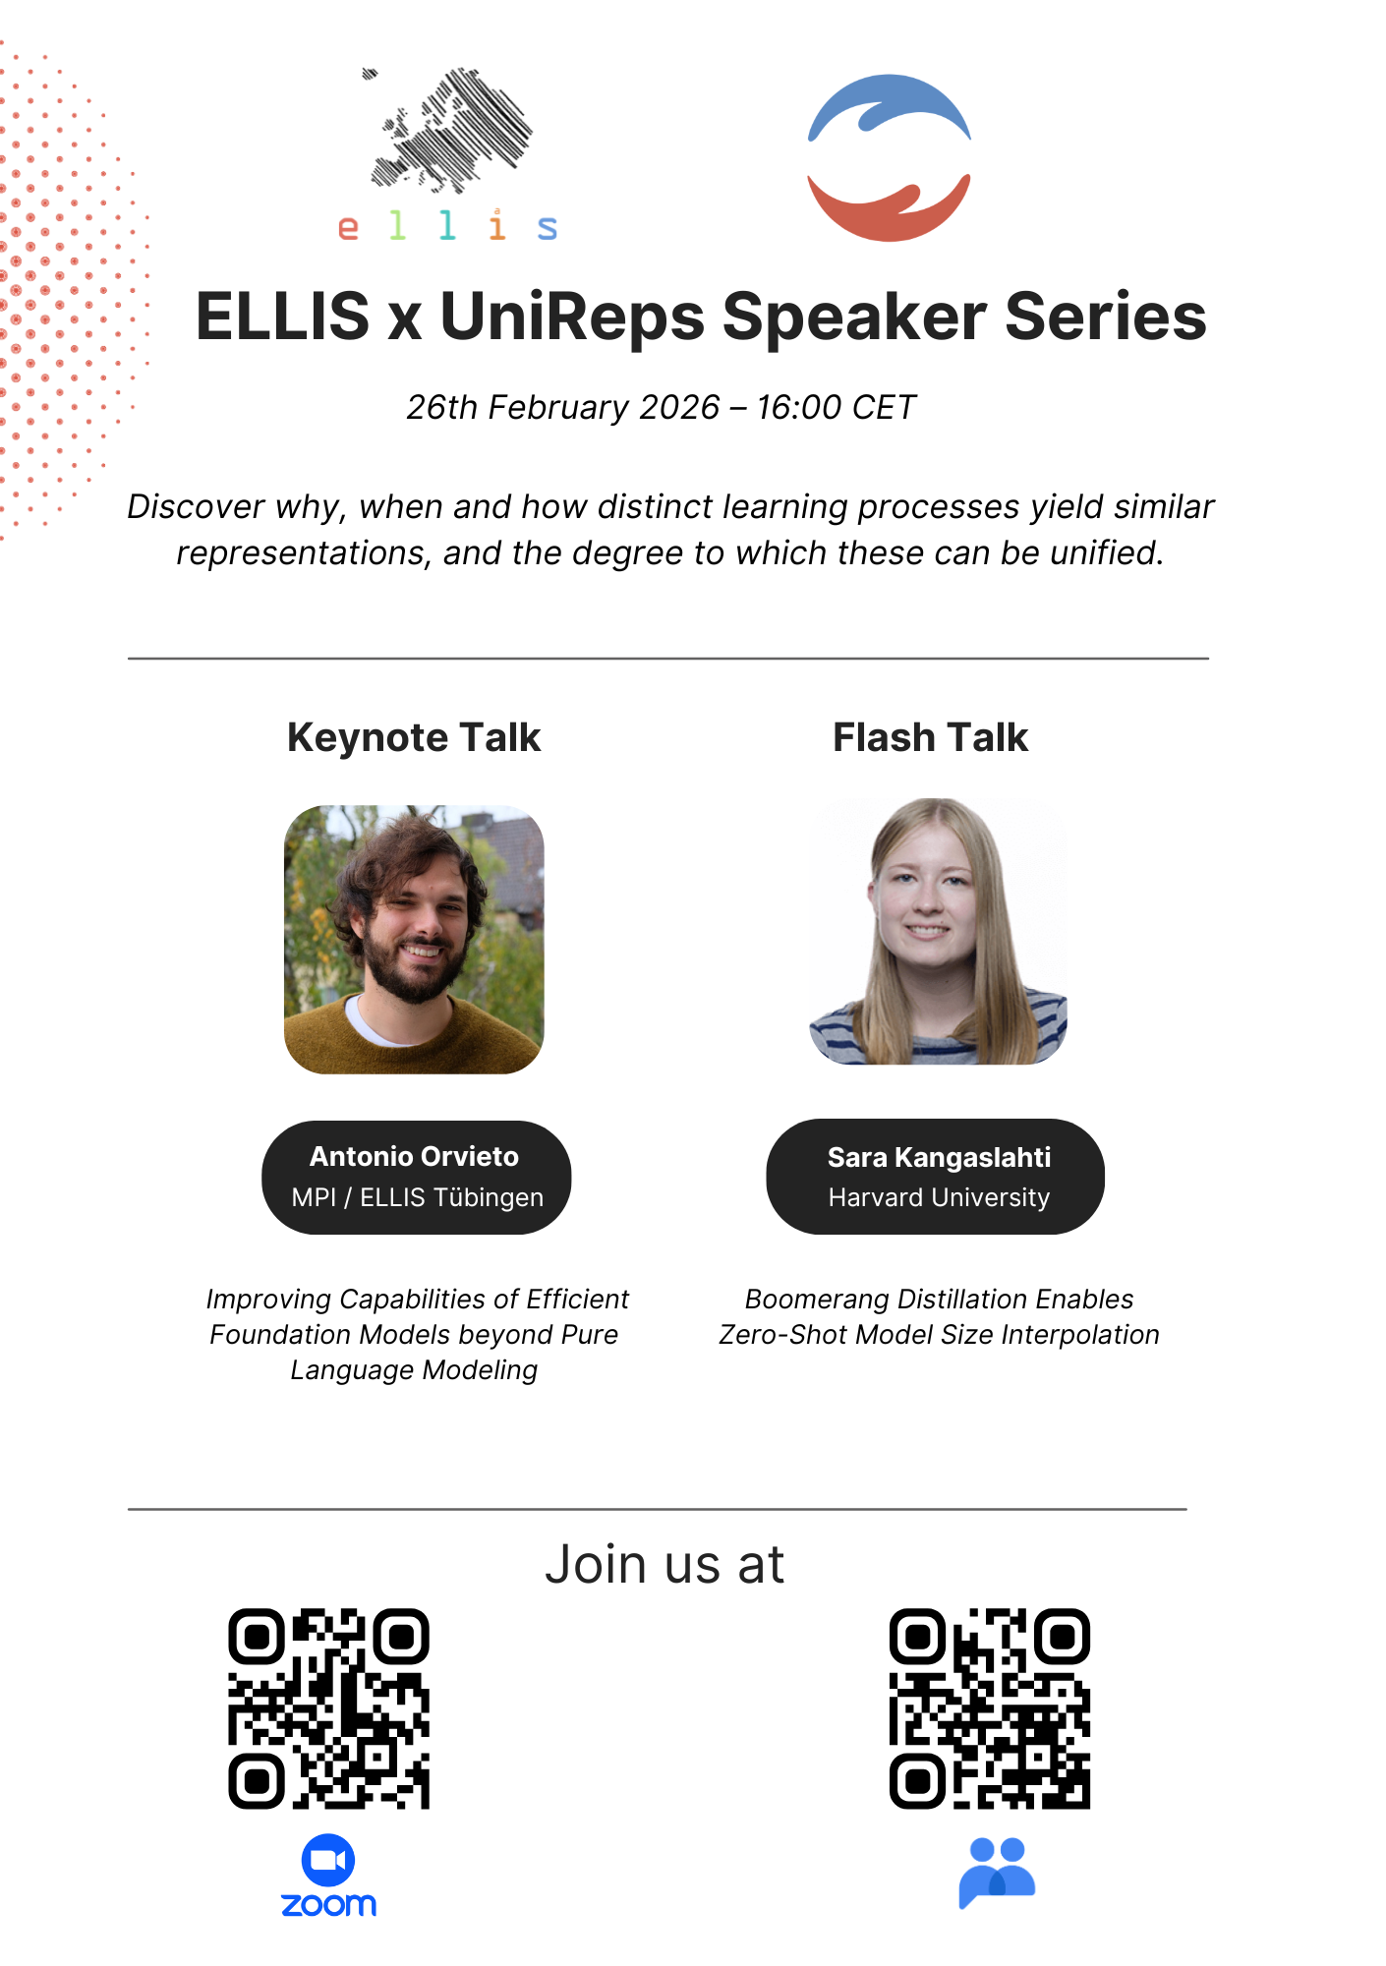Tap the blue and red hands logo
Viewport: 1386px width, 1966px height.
(x=889, y=157)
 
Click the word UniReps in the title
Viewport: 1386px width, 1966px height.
(x=572, y=317)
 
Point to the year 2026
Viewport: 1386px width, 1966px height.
(x=679, y=407)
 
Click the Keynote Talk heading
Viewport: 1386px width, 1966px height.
(x=414, y=737)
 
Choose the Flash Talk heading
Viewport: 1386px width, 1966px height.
(x=930, y=737)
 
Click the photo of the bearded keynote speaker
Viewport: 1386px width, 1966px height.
(x=414, y=940)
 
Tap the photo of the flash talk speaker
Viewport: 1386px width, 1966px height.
(x=938, y=932)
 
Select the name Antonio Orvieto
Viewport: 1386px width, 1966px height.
(x=414, y=1156)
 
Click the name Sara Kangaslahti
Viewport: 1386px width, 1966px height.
(x=939, y=1157)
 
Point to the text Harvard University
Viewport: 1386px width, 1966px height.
(x=939, y=1197)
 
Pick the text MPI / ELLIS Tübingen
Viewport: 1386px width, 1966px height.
(x=417, y=1197)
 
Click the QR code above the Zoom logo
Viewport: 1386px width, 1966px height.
(x=328, y=1708)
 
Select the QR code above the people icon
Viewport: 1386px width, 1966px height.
(x=989, y=1708)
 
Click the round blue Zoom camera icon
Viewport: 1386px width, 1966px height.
(x=328, y=1860)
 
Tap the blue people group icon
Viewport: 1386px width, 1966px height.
(x=997, y=1873)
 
